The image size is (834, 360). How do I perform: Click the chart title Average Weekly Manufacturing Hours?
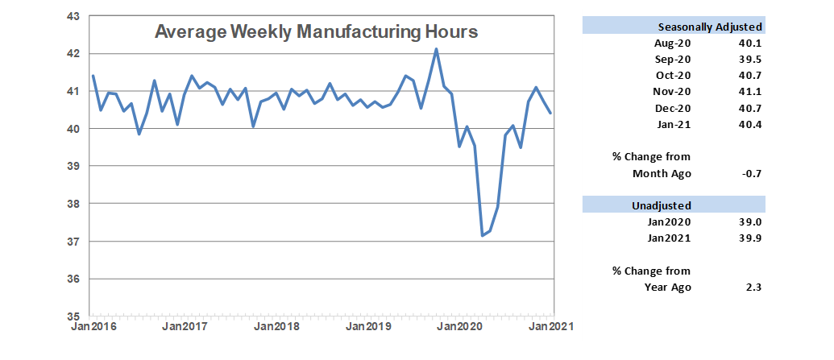tap(317, 32)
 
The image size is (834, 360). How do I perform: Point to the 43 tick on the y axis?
tap(73, 15)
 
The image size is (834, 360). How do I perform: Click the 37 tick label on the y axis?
tap(73, 242)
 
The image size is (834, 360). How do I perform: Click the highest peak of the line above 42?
tap(436, 49)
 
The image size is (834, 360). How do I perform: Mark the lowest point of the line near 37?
tap(482, 236)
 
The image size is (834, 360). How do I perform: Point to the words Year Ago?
tap(669, 288)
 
